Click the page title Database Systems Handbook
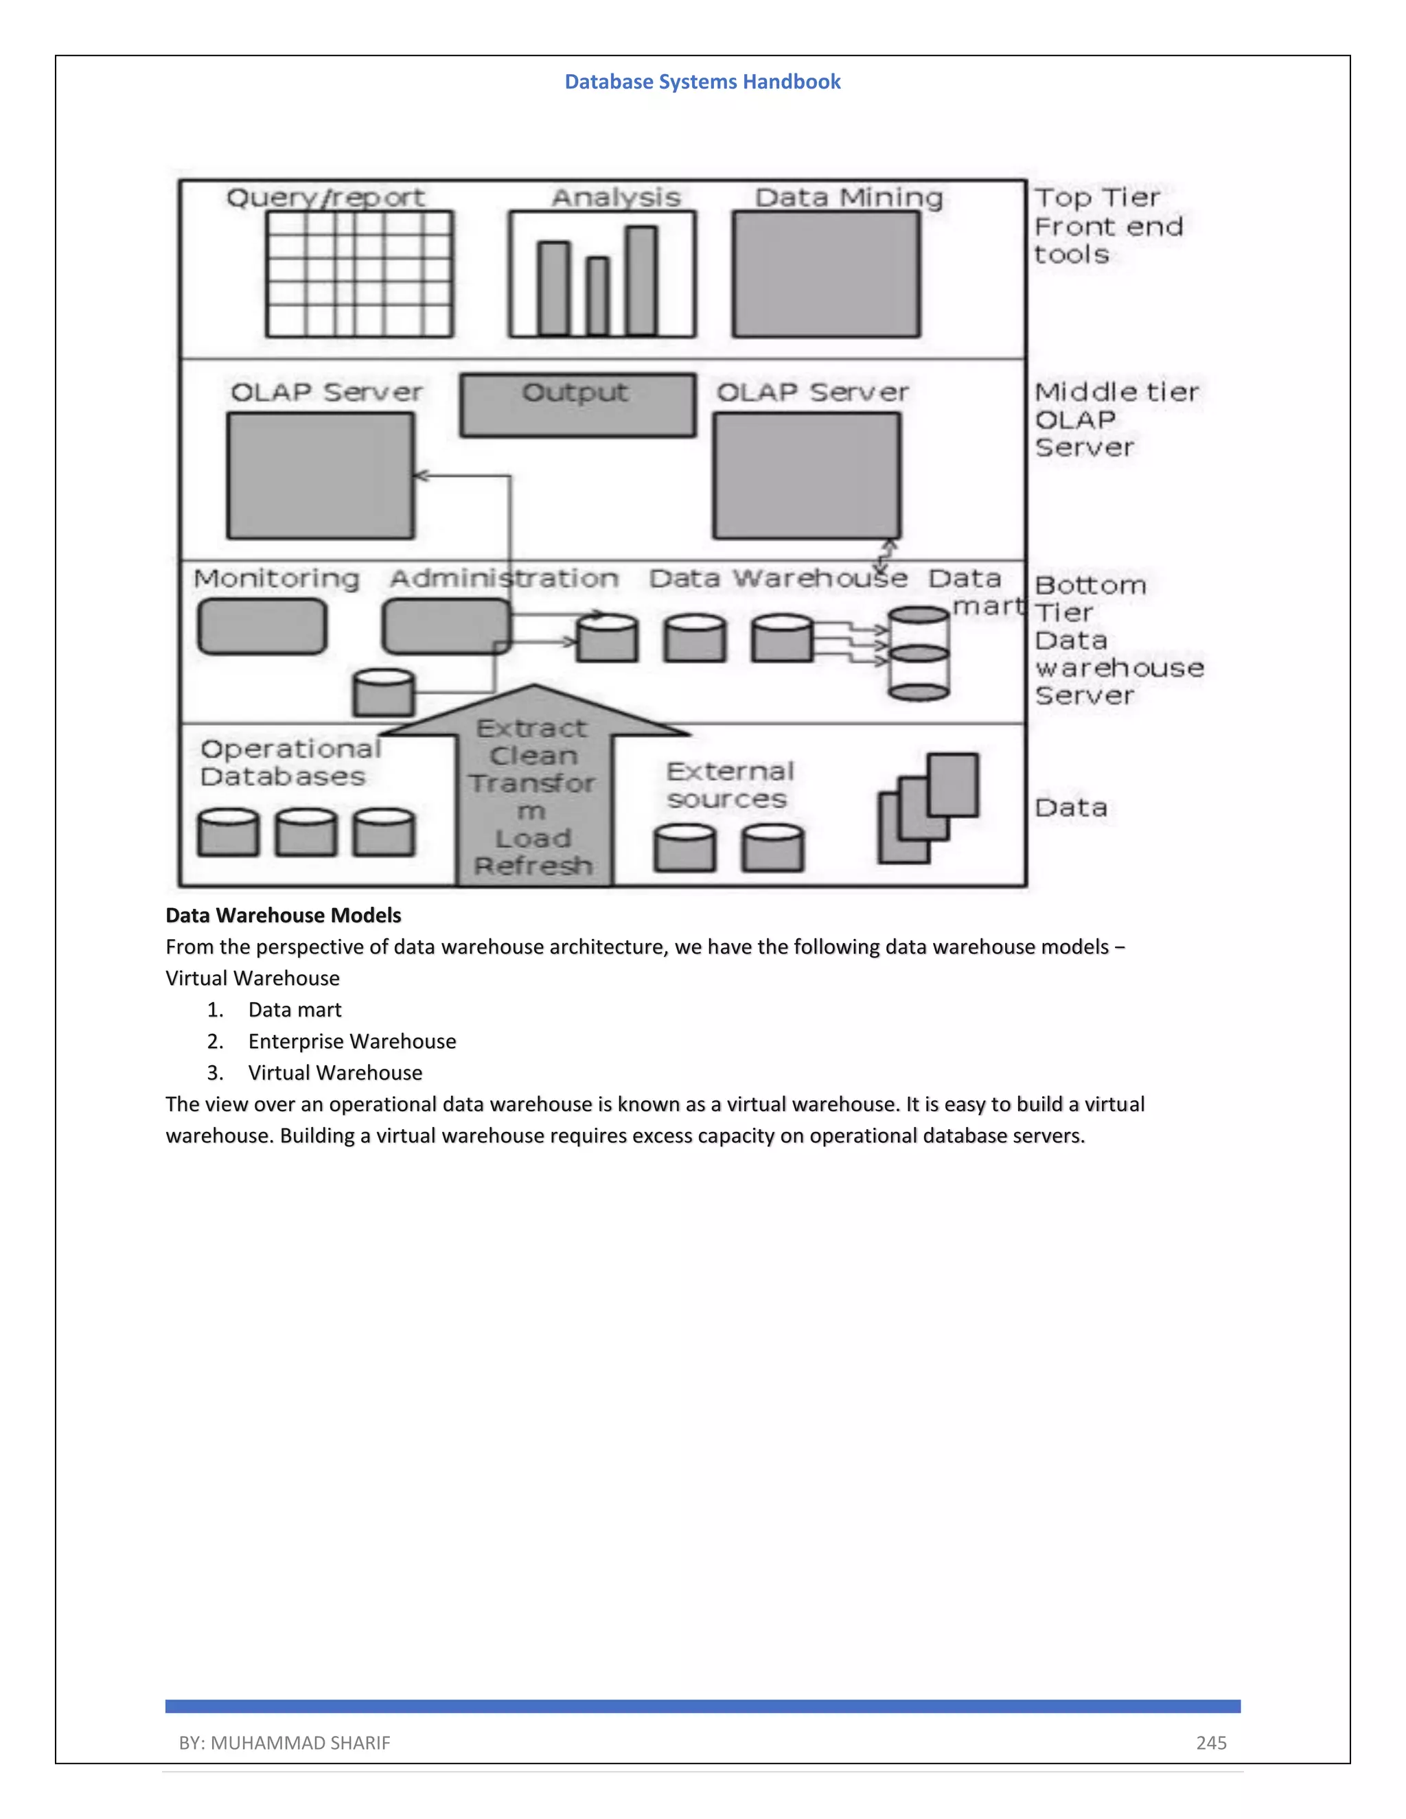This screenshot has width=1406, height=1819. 702,82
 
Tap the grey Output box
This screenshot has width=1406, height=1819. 577,406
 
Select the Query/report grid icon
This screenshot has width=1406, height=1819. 359,274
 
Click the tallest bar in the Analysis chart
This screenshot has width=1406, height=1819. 641,280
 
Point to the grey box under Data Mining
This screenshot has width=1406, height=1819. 827,274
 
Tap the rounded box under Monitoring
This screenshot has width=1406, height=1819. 262,626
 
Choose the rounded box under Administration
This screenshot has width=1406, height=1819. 446,626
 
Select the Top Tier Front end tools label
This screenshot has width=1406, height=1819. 1108,226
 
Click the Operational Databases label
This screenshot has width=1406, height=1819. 289,762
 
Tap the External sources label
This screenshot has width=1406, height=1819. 729,785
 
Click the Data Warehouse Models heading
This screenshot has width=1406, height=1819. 284,915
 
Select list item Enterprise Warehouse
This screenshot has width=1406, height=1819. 351,1041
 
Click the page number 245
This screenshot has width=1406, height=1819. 1211,1742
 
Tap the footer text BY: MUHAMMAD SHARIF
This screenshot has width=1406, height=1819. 284,1742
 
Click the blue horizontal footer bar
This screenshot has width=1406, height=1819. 702,1706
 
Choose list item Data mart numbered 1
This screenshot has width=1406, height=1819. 294,1010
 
